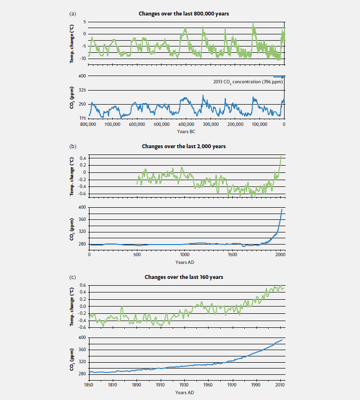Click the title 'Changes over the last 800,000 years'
(184, 14)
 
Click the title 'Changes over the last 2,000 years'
(184, 146)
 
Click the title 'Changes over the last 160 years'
(184, 277)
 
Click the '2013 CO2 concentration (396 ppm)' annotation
(244, 81)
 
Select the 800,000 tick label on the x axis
(88, 124)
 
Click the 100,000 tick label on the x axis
(259, 124)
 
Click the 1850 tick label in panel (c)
(89, 385)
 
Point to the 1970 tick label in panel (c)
(233, 385)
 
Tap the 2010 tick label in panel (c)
(280, 385)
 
